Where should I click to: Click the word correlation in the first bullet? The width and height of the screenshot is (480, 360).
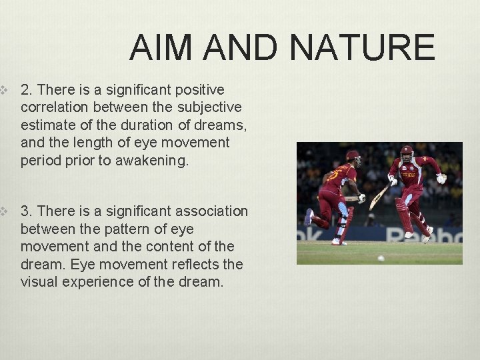[55, 107]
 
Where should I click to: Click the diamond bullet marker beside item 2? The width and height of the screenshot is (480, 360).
[3, 89]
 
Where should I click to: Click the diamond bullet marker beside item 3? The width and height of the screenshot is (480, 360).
[3, 211]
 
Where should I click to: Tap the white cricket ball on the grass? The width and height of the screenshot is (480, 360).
[381, 258]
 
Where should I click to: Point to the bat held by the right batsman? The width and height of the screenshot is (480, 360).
[379, 196]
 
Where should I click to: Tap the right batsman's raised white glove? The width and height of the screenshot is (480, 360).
[441, 178]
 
